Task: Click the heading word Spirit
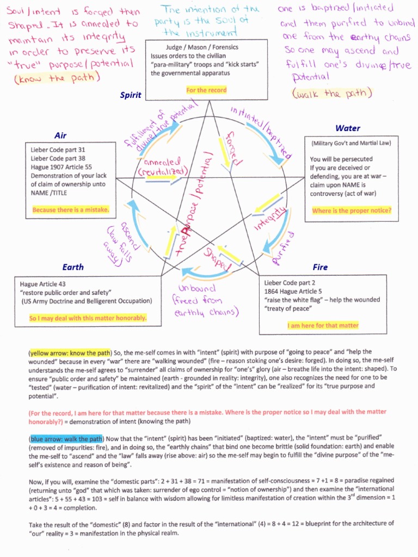(x=131, y=95)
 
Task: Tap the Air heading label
(x=60, y=135)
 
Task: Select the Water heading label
(x=348, y=128)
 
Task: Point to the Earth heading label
(x=73, y=267)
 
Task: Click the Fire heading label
(x=320, y=267)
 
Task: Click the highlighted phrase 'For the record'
(x=206, y=90)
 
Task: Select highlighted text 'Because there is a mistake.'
(x=71, y=209)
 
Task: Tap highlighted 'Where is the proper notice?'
(x=352, y=211)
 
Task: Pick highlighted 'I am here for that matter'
(x=323, y=325)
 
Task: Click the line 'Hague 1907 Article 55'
(x=62, y=167)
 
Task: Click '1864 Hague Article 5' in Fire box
(x=293, y=291)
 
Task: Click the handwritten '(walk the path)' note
(x=331, y=94)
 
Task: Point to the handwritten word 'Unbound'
(x=196, y=288)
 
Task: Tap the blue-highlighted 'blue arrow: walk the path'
(x=66, y=438)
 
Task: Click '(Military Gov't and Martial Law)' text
(x=351, y=143)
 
